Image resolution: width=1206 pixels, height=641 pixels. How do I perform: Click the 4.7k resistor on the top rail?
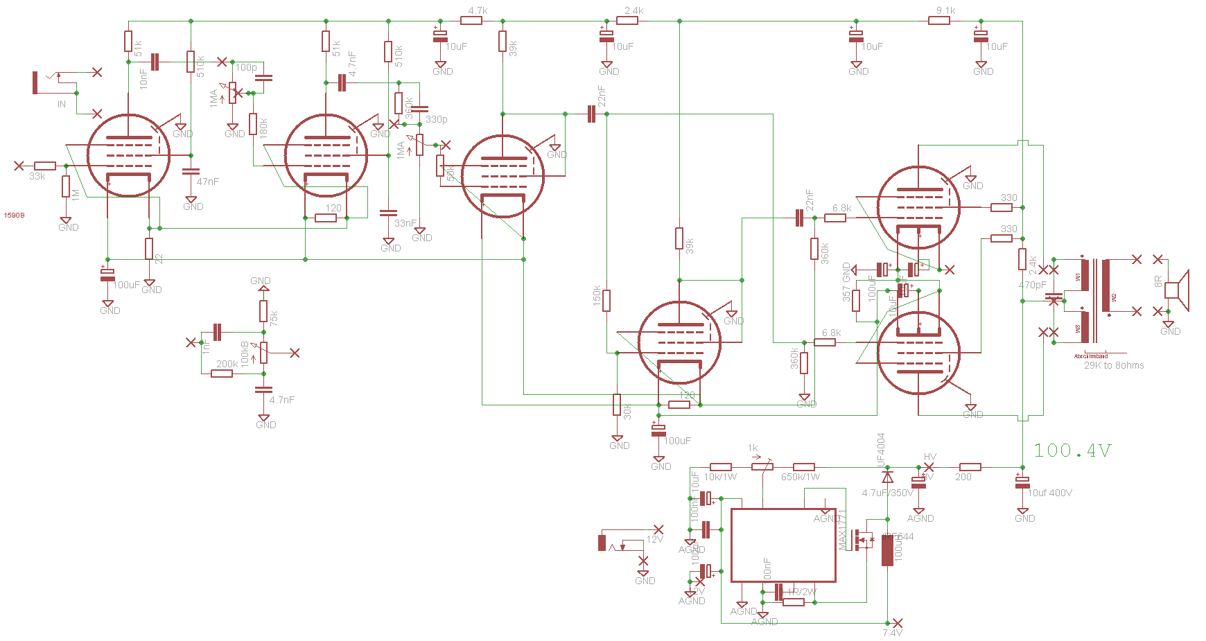(x=471, y=21)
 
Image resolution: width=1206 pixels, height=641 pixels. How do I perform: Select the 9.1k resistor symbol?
(x=939, y=21)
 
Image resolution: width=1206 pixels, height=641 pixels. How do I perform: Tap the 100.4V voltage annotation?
(x=1072, y=450)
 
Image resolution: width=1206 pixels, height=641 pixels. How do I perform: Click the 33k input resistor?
(x=45, y=166)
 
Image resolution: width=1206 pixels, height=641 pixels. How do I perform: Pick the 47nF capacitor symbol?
(x=191, y=171)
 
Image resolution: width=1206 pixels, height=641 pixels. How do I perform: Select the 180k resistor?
(x=254, y=124)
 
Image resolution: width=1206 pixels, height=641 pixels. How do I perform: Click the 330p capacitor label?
(x=437, y=119)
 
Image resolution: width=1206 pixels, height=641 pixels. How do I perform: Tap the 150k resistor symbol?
(x=606, y=300)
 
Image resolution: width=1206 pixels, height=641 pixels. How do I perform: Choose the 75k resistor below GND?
(x=263, y=311)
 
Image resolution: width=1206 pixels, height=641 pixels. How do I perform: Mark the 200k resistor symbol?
(x=222, y=374)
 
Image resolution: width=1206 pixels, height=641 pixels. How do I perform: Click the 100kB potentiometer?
(x=263, y=353)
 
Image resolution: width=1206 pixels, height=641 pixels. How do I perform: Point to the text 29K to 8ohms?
(x=1114, y=365)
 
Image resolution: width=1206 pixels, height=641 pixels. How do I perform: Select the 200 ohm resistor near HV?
(x=970, y=467)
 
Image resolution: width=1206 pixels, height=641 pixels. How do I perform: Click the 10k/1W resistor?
(x=721, y=467)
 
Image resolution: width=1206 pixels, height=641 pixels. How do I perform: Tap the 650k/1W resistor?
(x=804, y=467)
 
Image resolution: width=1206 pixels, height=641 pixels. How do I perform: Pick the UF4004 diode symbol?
(x=887, y=477)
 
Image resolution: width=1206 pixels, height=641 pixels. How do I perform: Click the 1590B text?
(x=14, y=216)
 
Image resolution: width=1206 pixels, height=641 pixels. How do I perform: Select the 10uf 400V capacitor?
(x=1022, y=482)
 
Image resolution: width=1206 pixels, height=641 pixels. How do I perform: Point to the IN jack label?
(x=62, y=104)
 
